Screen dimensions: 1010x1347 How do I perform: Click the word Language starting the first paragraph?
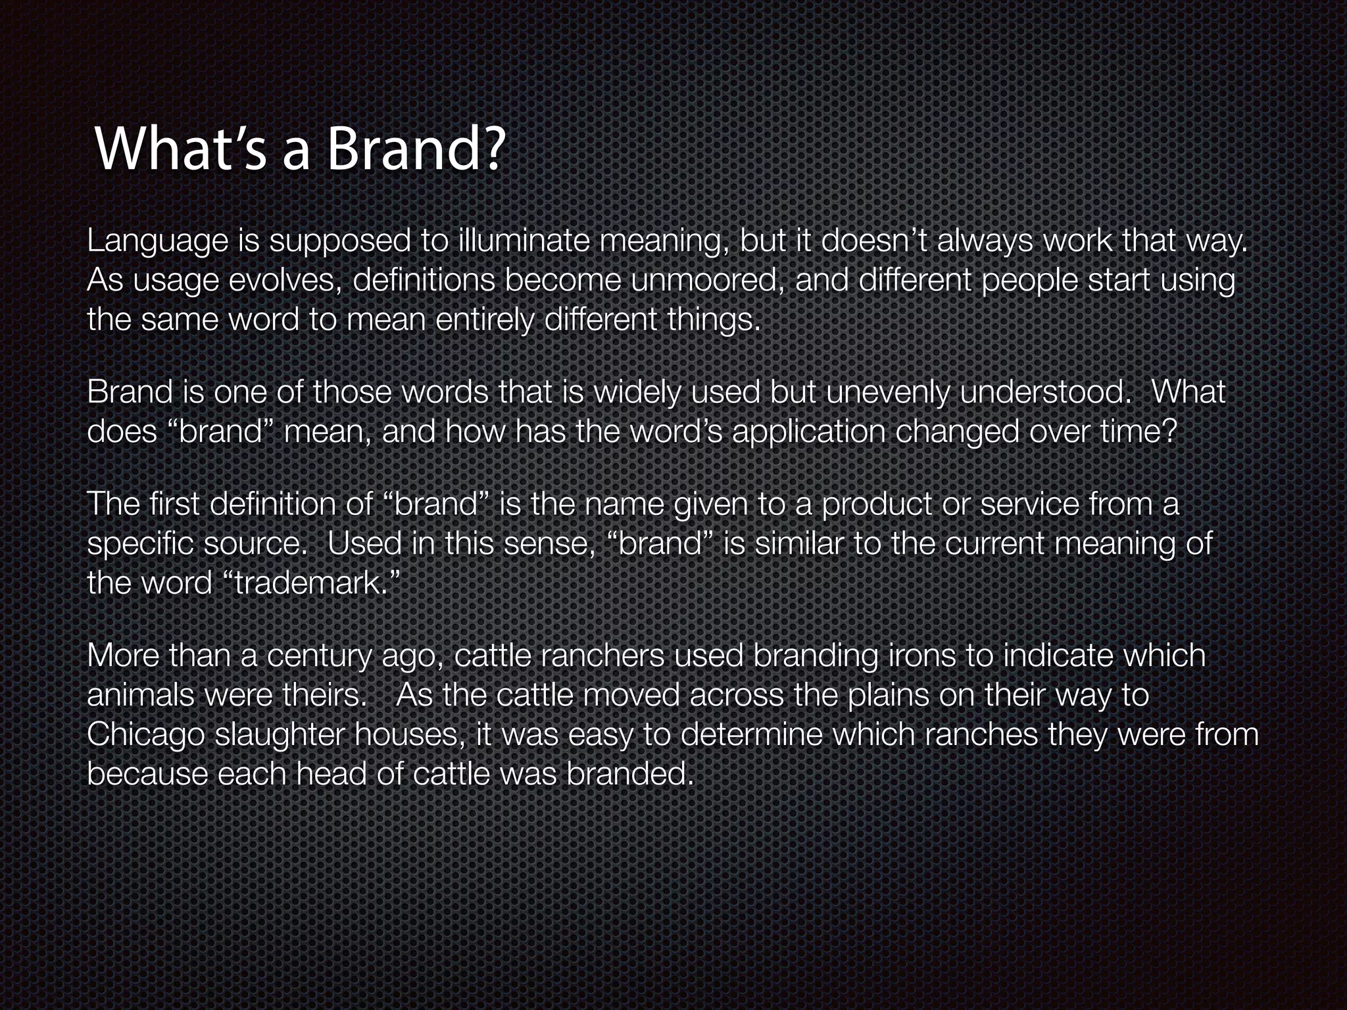click(x=157, y=242)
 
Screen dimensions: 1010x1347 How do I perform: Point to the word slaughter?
click(x=280, y=735)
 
